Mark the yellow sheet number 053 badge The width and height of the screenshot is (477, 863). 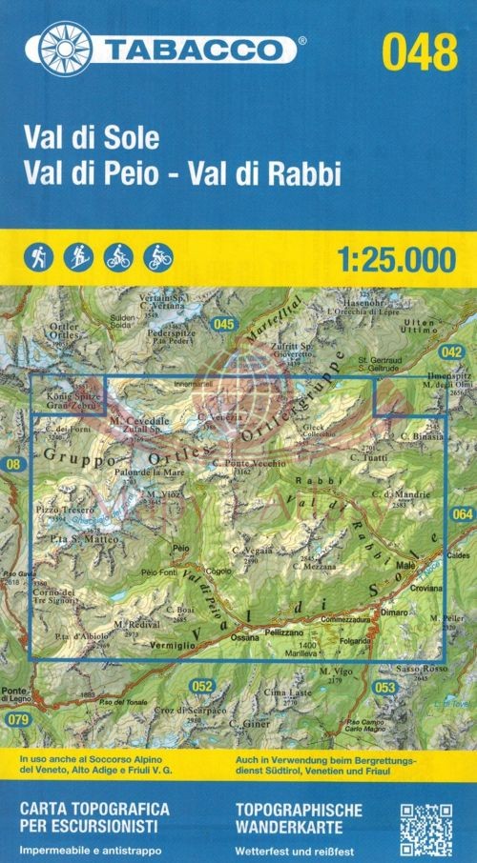click(385, 688)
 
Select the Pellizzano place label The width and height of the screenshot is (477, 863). click(286, 632)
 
